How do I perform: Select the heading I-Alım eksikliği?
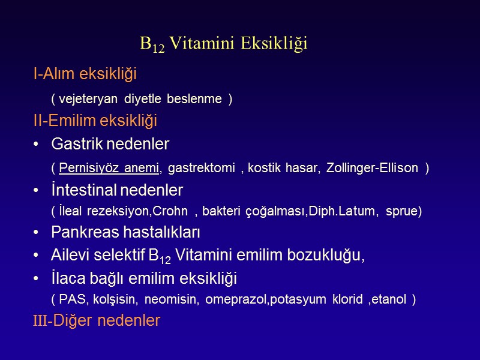point(85,74)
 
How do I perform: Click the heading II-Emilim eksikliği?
point(95,121)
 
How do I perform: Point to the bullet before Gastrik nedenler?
point(37,145)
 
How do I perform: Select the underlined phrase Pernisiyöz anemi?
point(109,169)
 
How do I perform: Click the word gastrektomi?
point(200,169)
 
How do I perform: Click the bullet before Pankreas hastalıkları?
point(37,232)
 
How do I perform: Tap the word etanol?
point(389,299)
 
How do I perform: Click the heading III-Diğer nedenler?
point(97,320)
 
